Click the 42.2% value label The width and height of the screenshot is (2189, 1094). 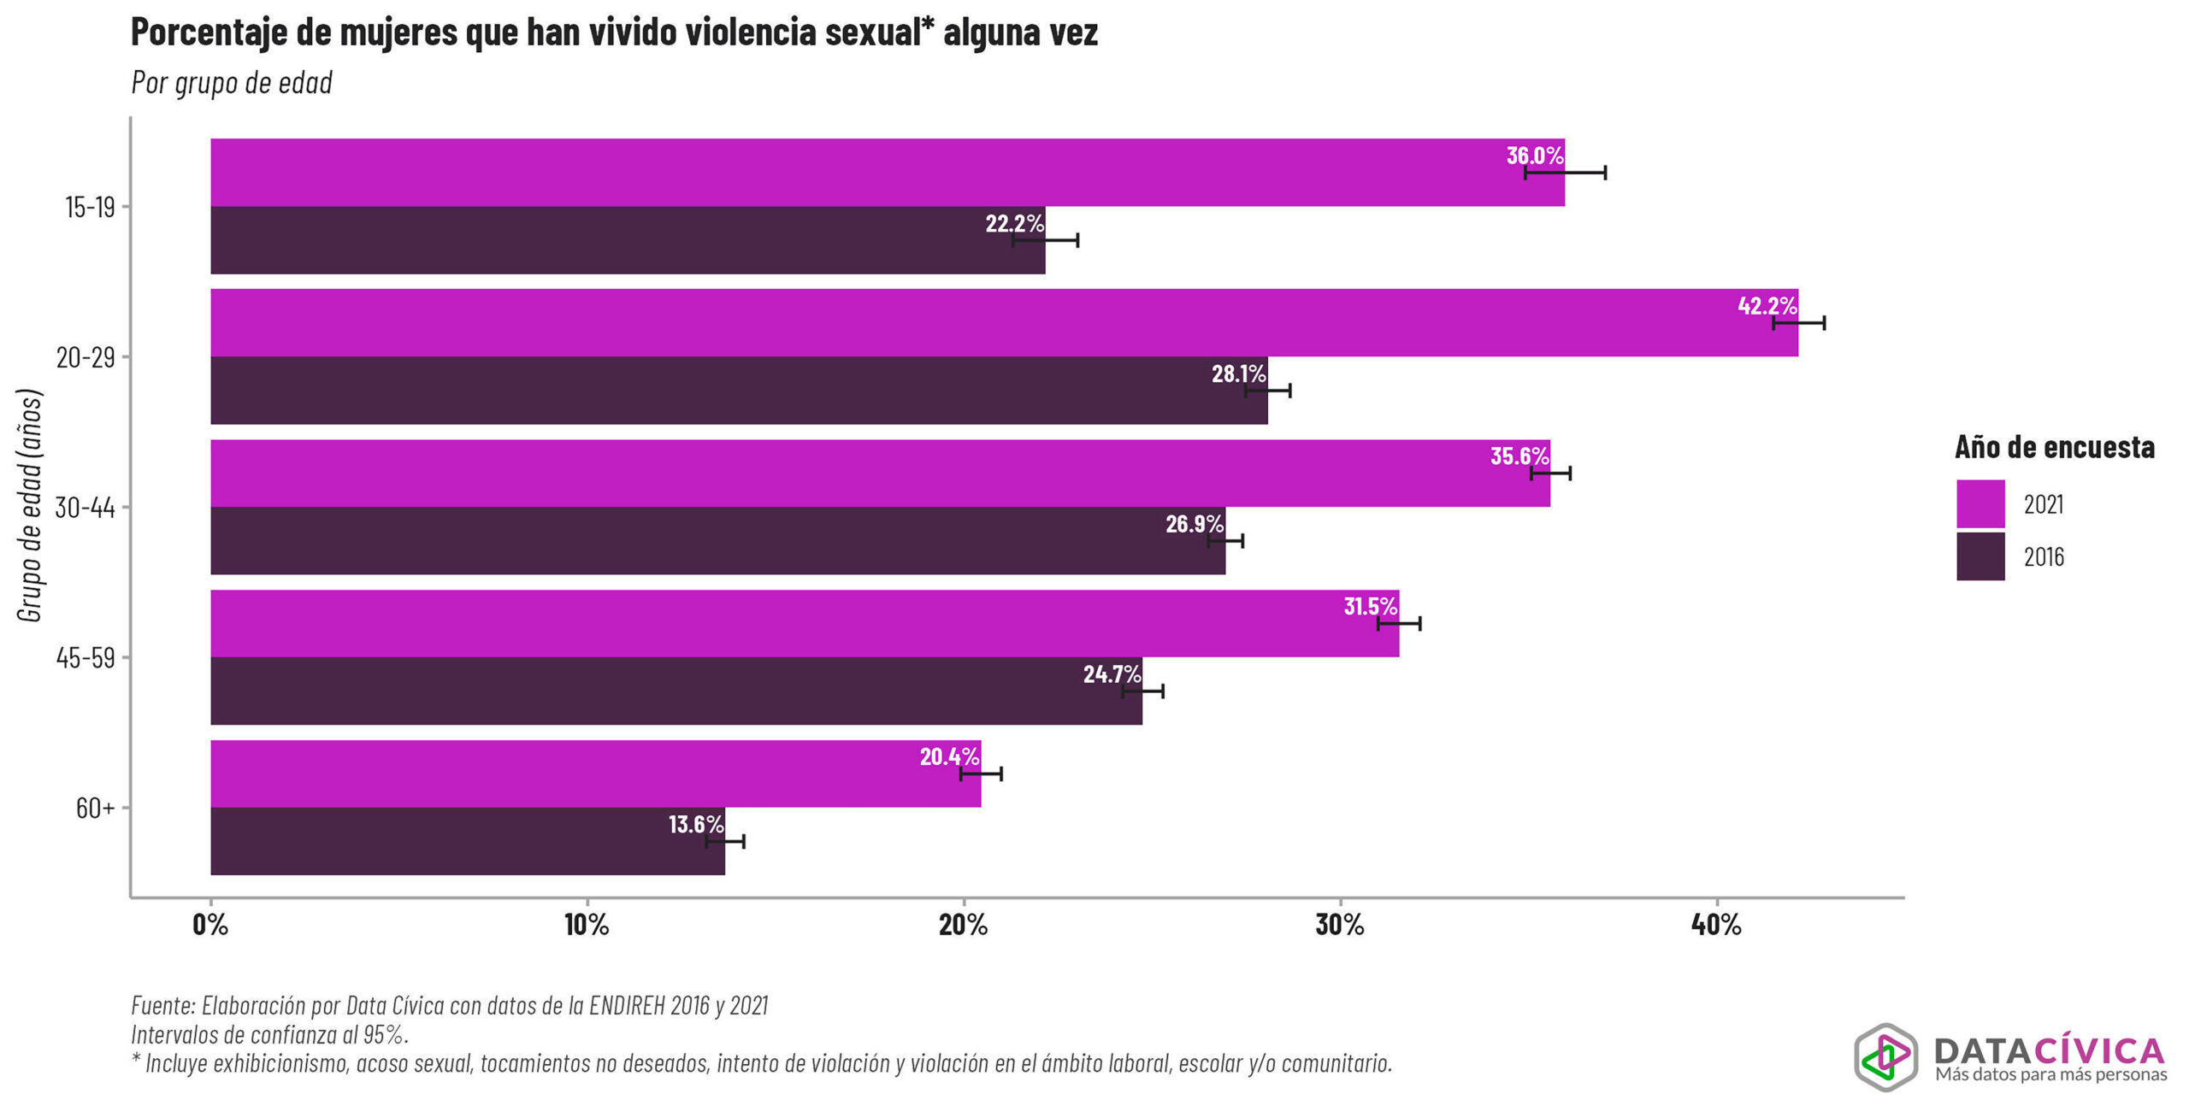1767,306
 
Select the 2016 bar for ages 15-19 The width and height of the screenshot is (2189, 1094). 628,240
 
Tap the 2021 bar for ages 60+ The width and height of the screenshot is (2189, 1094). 595,773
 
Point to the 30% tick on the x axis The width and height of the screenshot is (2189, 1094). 1339,925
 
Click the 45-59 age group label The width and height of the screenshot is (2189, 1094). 86,657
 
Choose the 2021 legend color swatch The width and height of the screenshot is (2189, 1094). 1980,503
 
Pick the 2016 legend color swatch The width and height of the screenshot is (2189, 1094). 1980,556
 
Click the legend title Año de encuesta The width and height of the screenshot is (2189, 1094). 2054,447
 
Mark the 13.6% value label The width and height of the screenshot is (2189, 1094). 695,825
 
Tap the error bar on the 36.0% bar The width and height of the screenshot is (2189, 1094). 1565,173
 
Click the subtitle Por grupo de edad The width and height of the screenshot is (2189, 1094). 232,83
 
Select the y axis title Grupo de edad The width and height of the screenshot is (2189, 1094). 31,506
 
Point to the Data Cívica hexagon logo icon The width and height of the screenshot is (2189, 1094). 1885,1056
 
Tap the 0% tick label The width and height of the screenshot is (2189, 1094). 210,925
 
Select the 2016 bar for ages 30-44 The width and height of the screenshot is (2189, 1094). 717,541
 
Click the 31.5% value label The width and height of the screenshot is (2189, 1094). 1370,607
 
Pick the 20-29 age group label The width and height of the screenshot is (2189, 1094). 86,356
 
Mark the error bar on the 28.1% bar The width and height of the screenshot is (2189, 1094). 1267,391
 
